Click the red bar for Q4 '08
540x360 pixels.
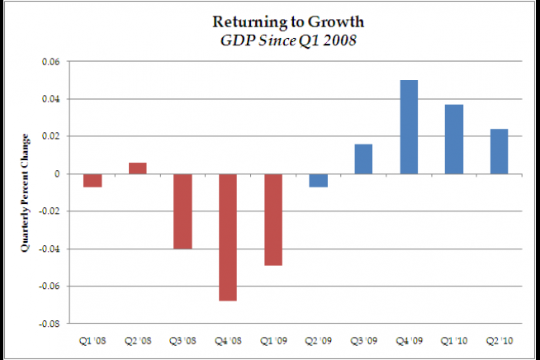228,237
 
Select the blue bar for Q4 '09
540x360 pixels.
409,126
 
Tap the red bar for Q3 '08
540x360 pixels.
182,211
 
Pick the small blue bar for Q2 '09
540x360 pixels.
319,180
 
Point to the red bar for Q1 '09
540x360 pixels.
273,220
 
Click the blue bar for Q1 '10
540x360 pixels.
454,139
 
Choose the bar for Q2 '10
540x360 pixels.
499,151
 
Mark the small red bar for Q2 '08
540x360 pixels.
137,168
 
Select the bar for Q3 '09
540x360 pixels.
363,159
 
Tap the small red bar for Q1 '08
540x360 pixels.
92,180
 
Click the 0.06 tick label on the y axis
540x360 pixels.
51,62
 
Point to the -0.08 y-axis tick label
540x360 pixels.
50,324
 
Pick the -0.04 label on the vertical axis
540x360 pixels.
50,249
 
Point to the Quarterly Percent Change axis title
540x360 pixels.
25,192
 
